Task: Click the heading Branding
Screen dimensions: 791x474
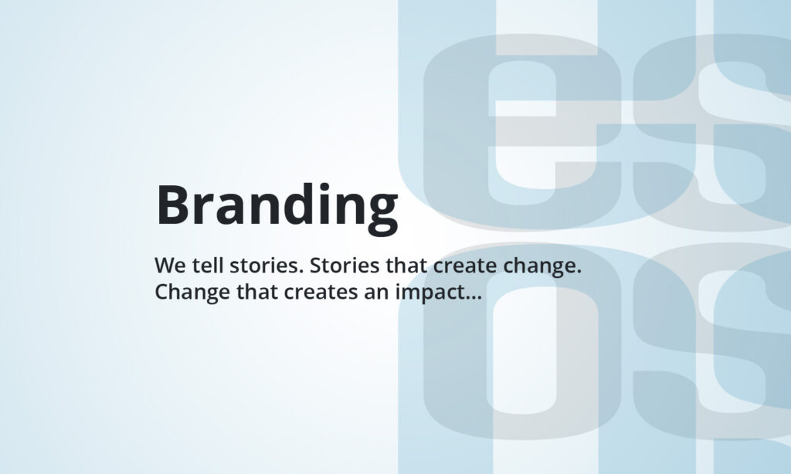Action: pyautogui.click(x=277, y=207)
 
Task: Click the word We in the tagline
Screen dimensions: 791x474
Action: pyautogui.click(x=170, y=266)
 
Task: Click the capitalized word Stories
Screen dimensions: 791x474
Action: pyautogui.click(x=344, y=266)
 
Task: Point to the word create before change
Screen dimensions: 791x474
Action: pyautogui.click(x=464, y=266)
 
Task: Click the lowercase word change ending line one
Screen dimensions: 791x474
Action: pyautogui.click(x=540, y=267)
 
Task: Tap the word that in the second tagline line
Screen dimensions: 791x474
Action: pyautogui.click(x=256, y=292)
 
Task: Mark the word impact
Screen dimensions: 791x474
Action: pyautogui.click(x=429, y=293)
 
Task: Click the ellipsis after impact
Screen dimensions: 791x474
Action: pyautogui.click(x=473, y=297)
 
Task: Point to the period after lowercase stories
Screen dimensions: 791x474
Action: pyautogui.click(x=302, y=271)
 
